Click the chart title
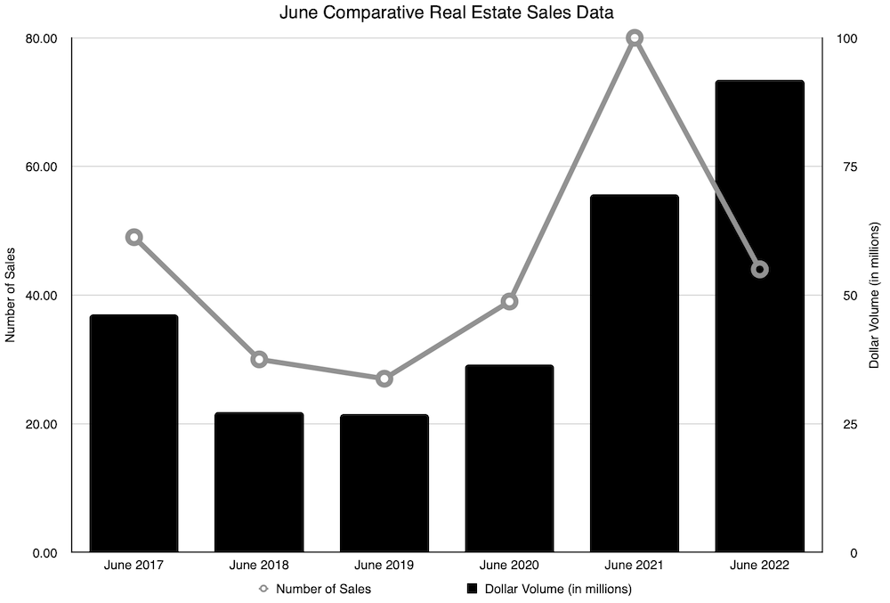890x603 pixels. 446,12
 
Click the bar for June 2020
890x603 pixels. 509,458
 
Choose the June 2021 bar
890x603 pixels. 635,373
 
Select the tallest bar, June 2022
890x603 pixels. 759,316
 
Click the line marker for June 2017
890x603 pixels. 134,237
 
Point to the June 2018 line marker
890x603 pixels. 259,360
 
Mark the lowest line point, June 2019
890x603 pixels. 384,379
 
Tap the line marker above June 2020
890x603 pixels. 509,301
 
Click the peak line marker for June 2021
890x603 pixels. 635,38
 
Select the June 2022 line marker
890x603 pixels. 759,269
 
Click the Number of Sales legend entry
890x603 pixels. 316,589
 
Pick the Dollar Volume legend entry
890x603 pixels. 549,589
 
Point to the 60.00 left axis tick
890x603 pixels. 39,167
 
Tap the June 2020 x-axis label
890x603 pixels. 509,565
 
